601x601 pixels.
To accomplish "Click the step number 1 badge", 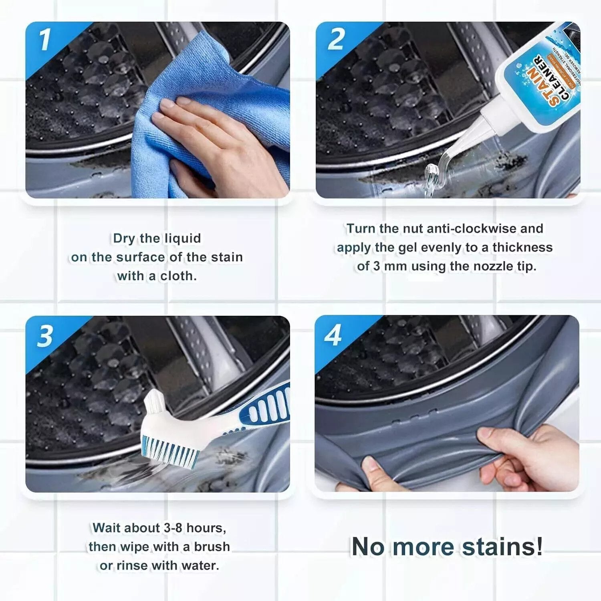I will pos(45,40).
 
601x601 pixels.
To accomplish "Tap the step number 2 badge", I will pos(336,40).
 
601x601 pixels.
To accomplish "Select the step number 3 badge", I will pos(45,336).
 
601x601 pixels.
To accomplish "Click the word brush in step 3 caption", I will pos(212,547).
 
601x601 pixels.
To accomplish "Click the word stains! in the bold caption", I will pos(502,547).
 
